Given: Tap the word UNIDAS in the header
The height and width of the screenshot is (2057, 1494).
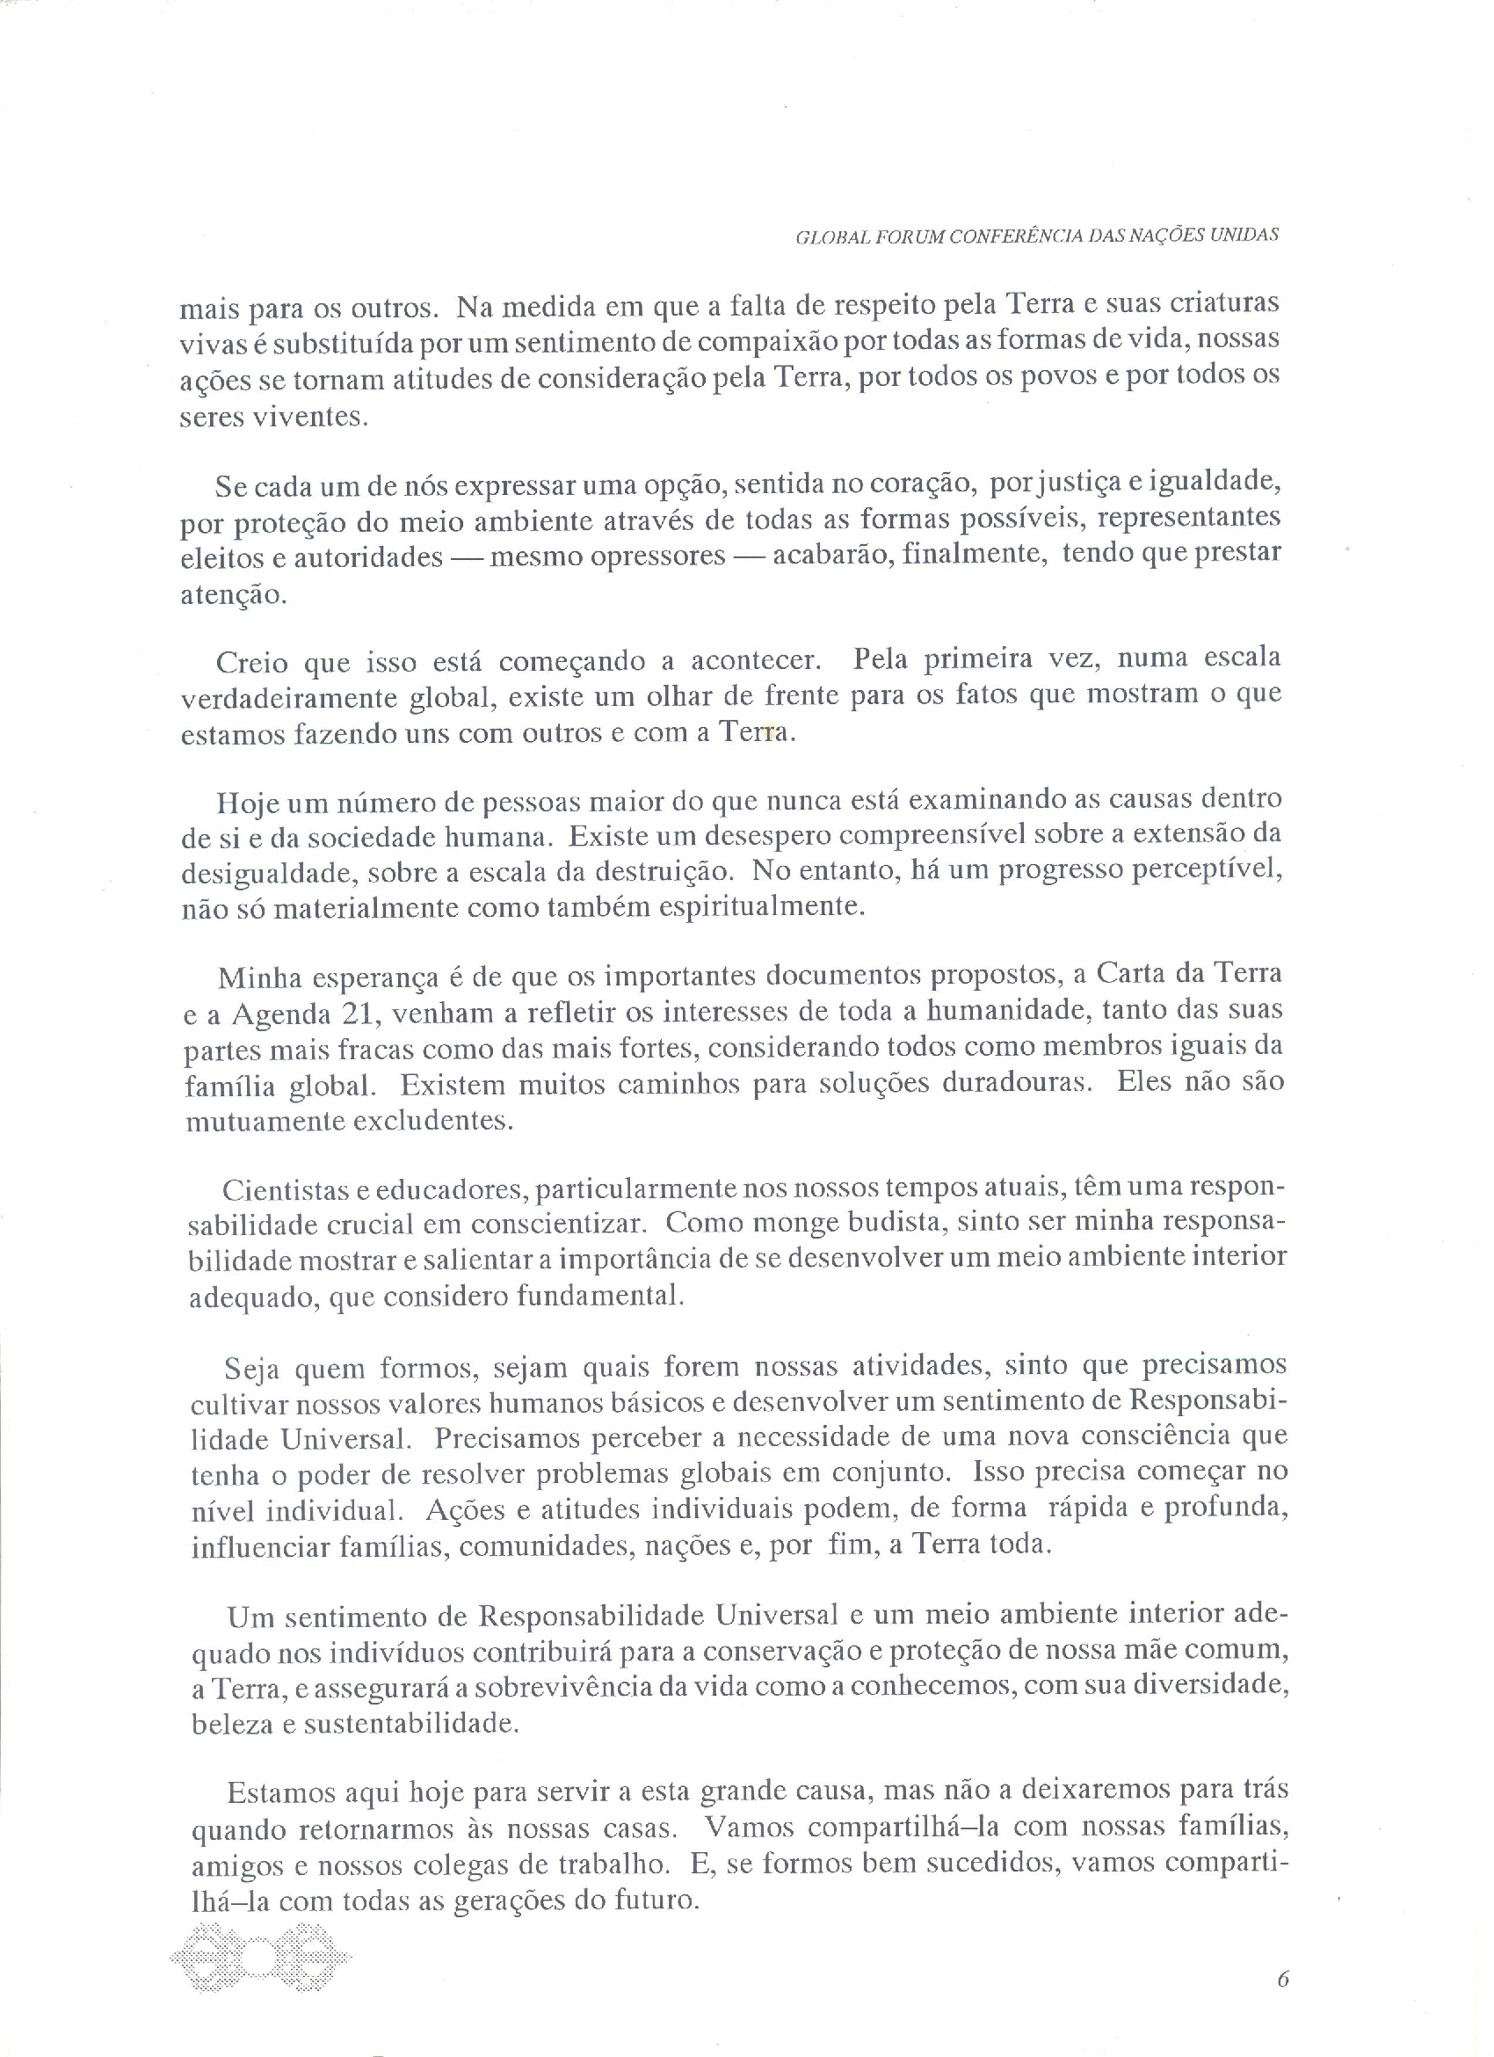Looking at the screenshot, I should click(1246, 235).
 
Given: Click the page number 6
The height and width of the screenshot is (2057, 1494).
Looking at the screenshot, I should click(1283, 1978).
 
